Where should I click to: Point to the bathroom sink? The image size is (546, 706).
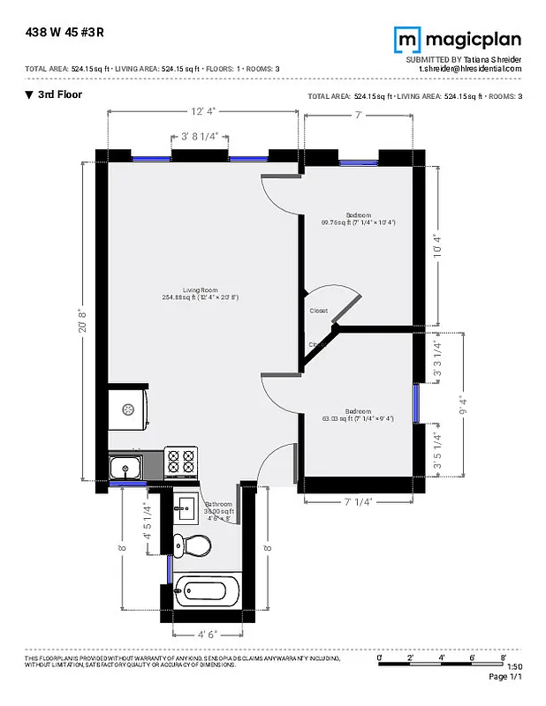click(186, 507)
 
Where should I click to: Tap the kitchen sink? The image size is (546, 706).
click(127, 466)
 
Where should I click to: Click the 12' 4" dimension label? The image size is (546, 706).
click(202, 111)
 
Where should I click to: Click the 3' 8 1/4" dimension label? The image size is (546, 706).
click(200, 137)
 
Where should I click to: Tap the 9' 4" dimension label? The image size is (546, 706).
click(459, 408)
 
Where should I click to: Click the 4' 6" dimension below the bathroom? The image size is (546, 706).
click(207, 634)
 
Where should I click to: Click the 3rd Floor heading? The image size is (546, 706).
click(59, 94)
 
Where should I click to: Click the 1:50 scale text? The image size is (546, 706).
click(515, 667)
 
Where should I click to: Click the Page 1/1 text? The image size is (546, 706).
click(506, 677)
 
